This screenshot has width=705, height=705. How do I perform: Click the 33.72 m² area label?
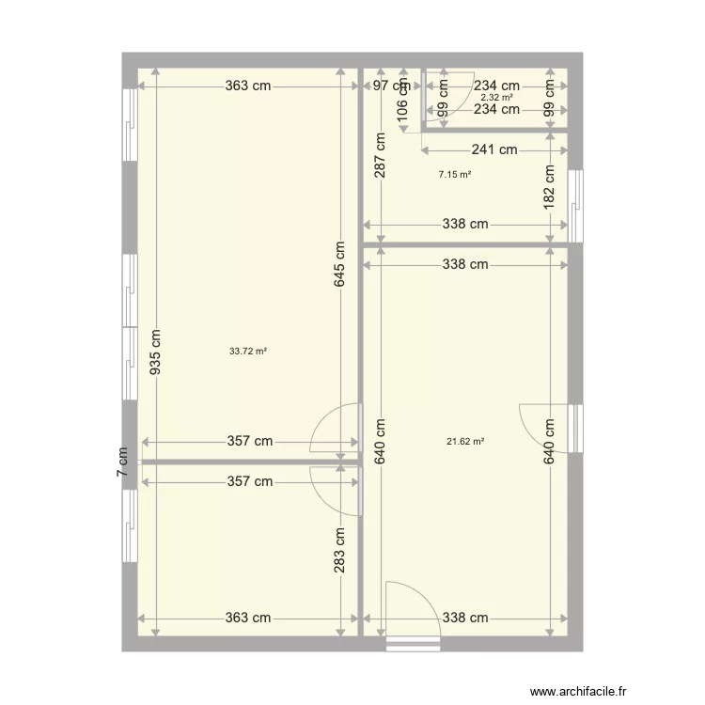(x=248, y=352)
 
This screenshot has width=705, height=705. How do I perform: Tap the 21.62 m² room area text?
(x=465, y=441)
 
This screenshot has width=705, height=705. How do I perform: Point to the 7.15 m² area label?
(x=455, y=174)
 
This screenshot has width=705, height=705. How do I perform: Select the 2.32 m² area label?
(x=496, y=97)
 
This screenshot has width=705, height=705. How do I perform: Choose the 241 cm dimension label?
(x=494, y=149)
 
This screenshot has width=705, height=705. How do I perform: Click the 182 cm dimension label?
(x=551, y=187)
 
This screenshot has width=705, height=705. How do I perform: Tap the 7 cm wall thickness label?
(x=121, y=462)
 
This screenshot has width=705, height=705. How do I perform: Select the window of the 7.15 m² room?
(x=575, y=205)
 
